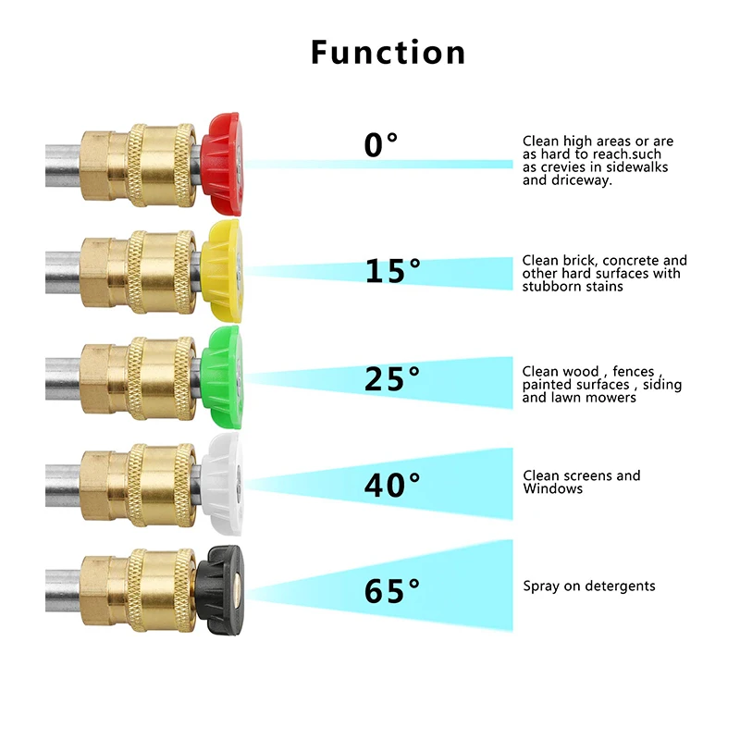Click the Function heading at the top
pos(388,52)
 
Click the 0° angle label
pos(380,145)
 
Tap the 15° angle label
pos(392,271)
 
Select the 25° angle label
pos(392,377)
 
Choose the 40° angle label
pos(392,484)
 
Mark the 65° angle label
pos(392,590)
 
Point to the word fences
pos(639,372)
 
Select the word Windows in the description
pos(553,488)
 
